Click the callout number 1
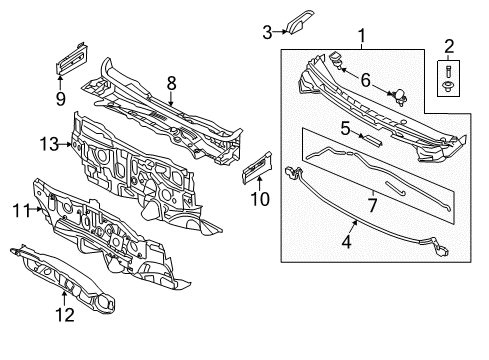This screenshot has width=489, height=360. [362, 37]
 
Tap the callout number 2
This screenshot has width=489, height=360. [448, 45]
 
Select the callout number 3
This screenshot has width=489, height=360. [267, 32]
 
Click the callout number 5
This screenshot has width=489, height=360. [344, 127]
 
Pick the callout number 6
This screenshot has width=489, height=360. [365, 78]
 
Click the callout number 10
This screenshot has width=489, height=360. [260, 198]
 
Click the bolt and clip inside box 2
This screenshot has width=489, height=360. [447, 78]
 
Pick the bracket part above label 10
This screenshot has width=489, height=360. [258, 166]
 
